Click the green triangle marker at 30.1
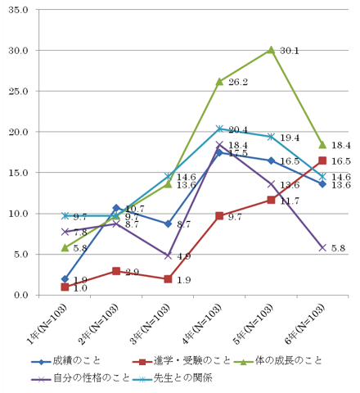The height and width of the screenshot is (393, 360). click(x=271, y=49)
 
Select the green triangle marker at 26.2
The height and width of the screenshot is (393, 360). click(x=219, y=81)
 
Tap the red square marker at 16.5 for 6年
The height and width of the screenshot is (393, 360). click(x=322, y=160)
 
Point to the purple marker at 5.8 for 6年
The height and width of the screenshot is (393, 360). click(x=322, y=247)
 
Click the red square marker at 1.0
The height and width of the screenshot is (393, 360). click(x=65, y=287)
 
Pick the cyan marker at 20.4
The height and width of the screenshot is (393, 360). click(x=219, y=129)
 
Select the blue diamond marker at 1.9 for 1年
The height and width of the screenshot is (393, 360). click(x=65, y=279)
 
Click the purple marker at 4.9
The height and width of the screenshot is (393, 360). click(x=168, y=255)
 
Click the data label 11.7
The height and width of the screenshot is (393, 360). click(x=290, y=201)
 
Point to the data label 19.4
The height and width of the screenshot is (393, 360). click(x=290, y=138)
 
